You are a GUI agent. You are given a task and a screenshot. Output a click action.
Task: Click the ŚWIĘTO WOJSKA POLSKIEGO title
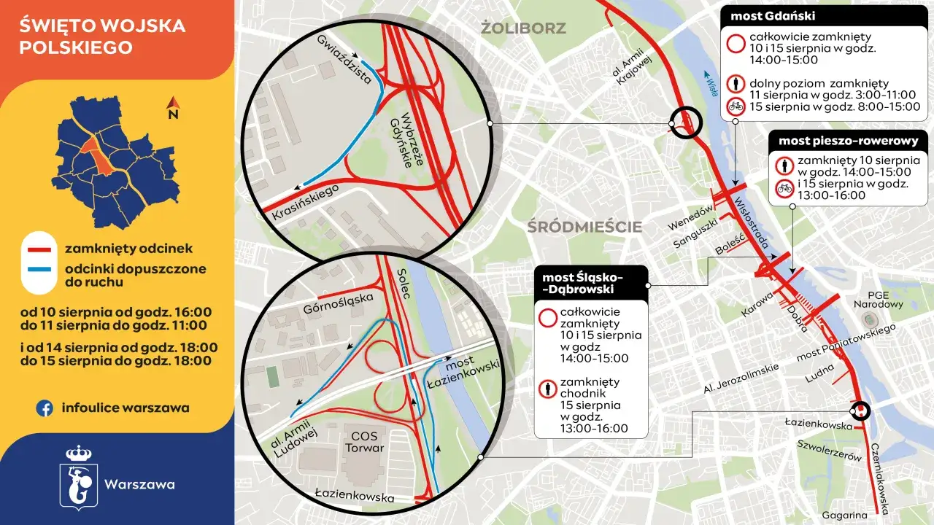point(102,37)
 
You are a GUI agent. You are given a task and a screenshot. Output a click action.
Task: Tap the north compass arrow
point(173,108)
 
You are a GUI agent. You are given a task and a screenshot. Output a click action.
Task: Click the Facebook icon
point(45,408)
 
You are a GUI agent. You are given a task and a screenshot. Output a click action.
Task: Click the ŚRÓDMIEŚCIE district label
point(584,227)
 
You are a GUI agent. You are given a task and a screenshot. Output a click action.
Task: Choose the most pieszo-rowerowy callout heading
point(848,141)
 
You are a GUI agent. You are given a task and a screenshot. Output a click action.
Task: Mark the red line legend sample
point(41,249)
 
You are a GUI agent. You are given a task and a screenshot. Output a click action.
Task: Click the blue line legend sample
point(41,269)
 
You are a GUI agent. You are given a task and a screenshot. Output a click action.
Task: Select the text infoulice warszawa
point(126,408)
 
